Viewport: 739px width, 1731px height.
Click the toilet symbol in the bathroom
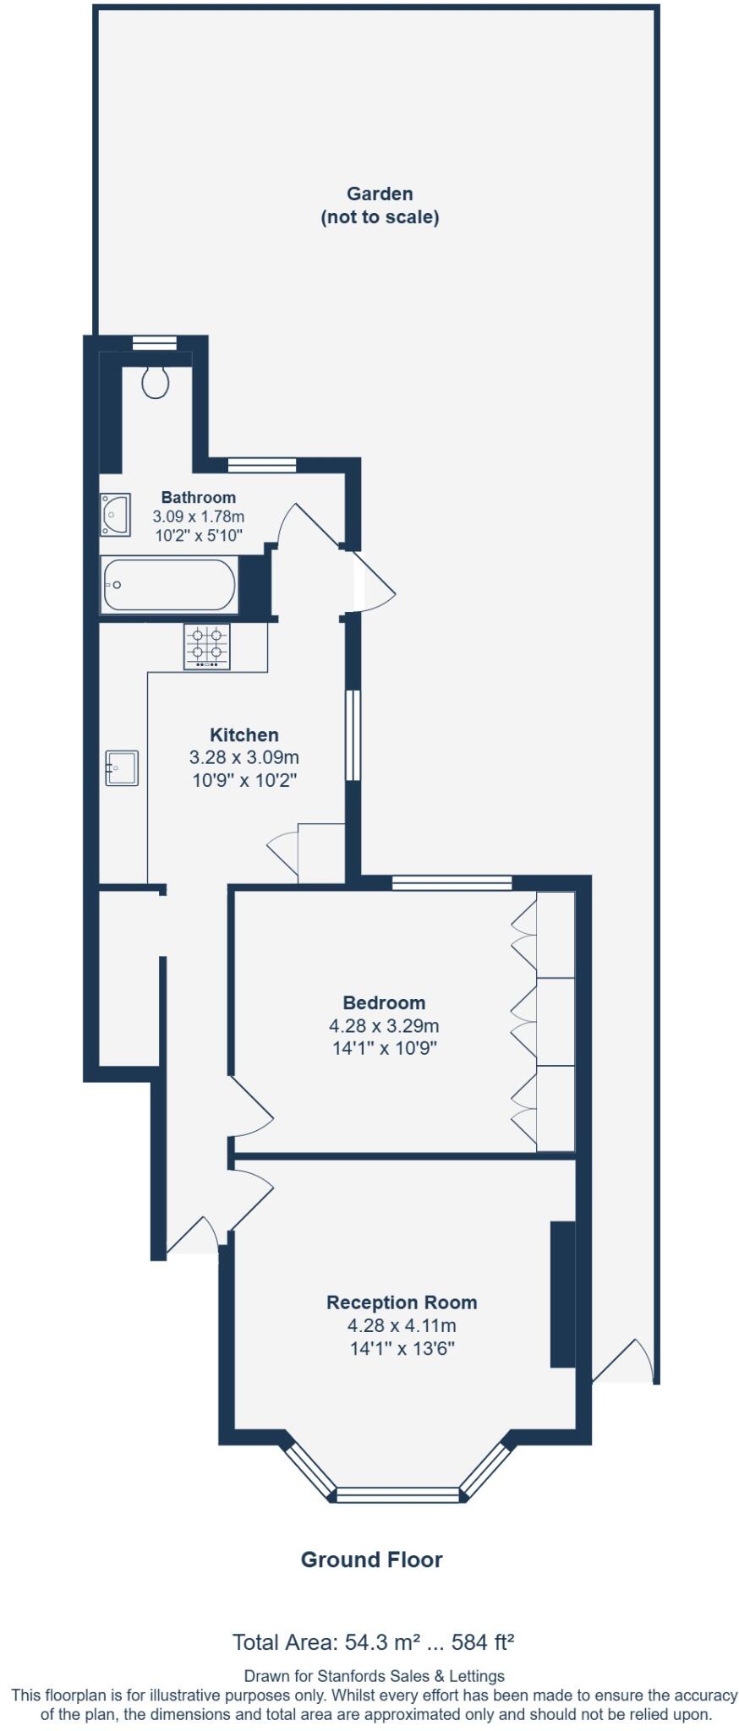[x=156, y=381]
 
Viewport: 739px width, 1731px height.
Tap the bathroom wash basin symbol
[x=114, y=515]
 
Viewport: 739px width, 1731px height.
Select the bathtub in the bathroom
[x=168, y=584]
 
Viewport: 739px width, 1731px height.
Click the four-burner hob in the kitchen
[x=207, y=647]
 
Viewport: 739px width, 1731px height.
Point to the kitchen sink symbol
[x=122, y=767]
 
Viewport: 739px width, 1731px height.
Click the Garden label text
[x=380, y=194]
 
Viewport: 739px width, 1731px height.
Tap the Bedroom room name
[x=384, y=1002]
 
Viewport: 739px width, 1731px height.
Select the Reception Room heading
[x=402, y=1302]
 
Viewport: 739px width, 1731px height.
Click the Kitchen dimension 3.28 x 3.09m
[x=244, y=757]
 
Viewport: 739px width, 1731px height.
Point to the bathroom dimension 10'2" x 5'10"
[x=199, y=535]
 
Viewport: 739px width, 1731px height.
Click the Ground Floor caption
[x=371, y=1559]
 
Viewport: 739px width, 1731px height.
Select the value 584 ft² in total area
[x=483, y=1642]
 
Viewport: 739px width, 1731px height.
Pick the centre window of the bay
[x=398, y=1494]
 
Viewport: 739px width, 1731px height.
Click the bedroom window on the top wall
[x=452, y=883]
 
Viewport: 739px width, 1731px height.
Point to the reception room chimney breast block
[x=562, y=1293]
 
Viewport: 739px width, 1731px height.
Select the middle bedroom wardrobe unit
[x=556, y=1021]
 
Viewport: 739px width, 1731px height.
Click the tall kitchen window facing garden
[x=353, y=734]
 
